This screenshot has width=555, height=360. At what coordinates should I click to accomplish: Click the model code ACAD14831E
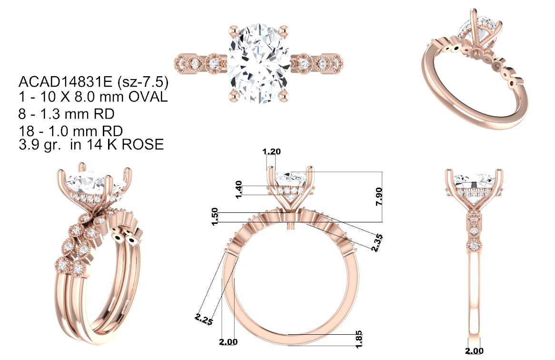point(66,82)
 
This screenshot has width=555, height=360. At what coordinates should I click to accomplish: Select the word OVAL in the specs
point(148,97)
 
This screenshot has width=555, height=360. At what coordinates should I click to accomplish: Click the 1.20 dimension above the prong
point(271,151)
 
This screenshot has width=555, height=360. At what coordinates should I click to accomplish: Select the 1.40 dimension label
point(238,190)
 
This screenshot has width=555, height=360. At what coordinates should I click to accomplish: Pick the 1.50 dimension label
point(215,217)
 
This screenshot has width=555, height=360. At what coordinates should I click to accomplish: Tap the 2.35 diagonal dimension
point(377,243)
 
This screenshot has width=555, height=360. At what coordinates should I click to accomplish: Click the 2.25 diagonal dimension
point(204,320)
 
